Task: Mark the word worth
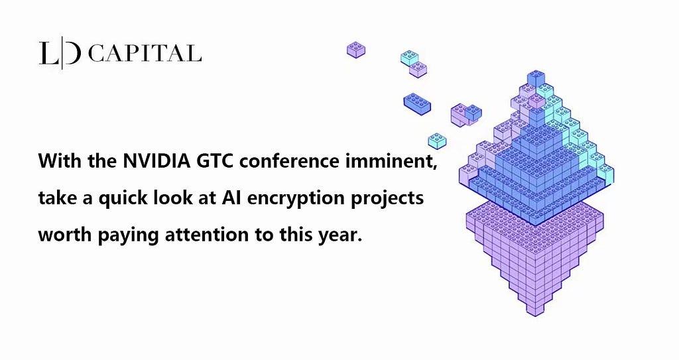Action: point(65,235)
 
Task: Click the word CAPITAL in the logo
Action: point(145,54)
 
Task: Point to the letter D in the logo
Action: point(72,53)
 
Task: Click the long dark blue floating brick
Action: point(417,104)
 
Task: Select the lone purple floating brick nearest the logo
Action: point(356,50)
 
